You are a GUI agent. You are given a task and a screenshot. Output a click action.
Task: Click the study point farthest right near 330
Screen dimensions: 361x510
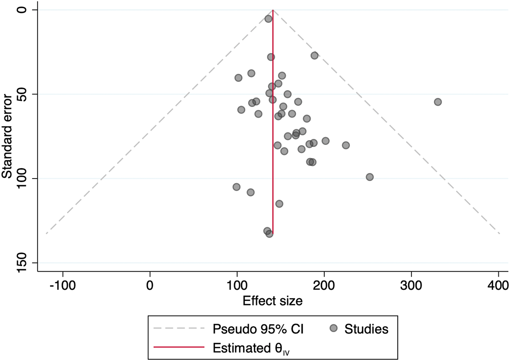(x=438, y=102)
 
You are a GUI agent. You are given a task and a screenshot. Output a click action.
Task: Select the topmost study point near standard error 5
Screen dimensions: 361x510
(x=268, y=19)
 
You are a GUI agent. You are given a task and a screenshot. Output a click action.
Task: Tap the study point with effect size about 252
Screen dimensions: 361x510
(x=370, y=177)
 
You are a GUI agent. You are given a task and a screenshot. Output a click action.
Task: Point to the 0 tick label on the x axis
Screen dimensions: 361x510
(x=150, y=286)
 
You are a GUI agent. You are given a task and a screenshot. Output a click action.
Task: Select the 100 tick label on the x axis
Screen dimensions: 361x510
(x=237, y=286)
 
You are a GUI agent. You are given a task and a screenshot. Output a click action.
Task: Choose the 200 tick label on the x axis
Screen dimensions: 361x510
(x=324, y=286)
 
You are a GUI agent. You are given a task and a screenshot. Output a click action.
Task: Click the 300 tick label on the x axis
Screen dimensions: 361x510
(x=411, y=286)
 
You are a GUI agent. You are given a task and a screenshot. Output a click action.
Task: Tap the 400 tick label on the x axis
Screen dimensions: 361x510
(x=498, y=286)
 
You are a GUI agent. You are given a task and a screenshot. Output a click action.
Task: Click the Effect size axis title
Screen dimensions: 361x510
(x=272, y=301)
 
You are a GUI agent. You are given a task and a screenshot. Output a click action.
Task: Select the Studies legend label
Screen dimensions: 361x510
(x=366, y=329)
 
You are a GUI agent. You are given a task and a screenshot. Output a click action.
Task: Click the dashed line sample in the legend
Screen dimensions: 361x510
(x=179, y=329)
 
